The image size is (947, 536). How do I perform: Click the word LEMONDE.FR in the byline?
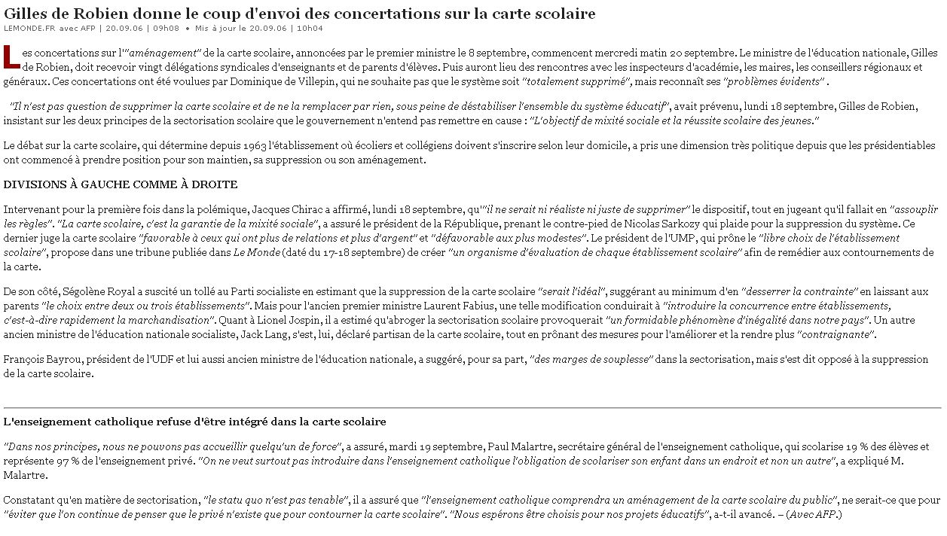(x=29, y=29)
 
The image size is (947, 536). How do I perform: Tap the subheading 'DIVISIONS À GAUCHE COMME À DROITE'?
(x=121, y=184)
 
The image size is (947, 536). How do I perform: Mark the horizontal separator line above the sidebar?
(x=473, y=407)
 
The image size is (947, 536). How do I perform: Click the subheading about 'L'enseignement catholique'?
(x=194, y=422)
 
